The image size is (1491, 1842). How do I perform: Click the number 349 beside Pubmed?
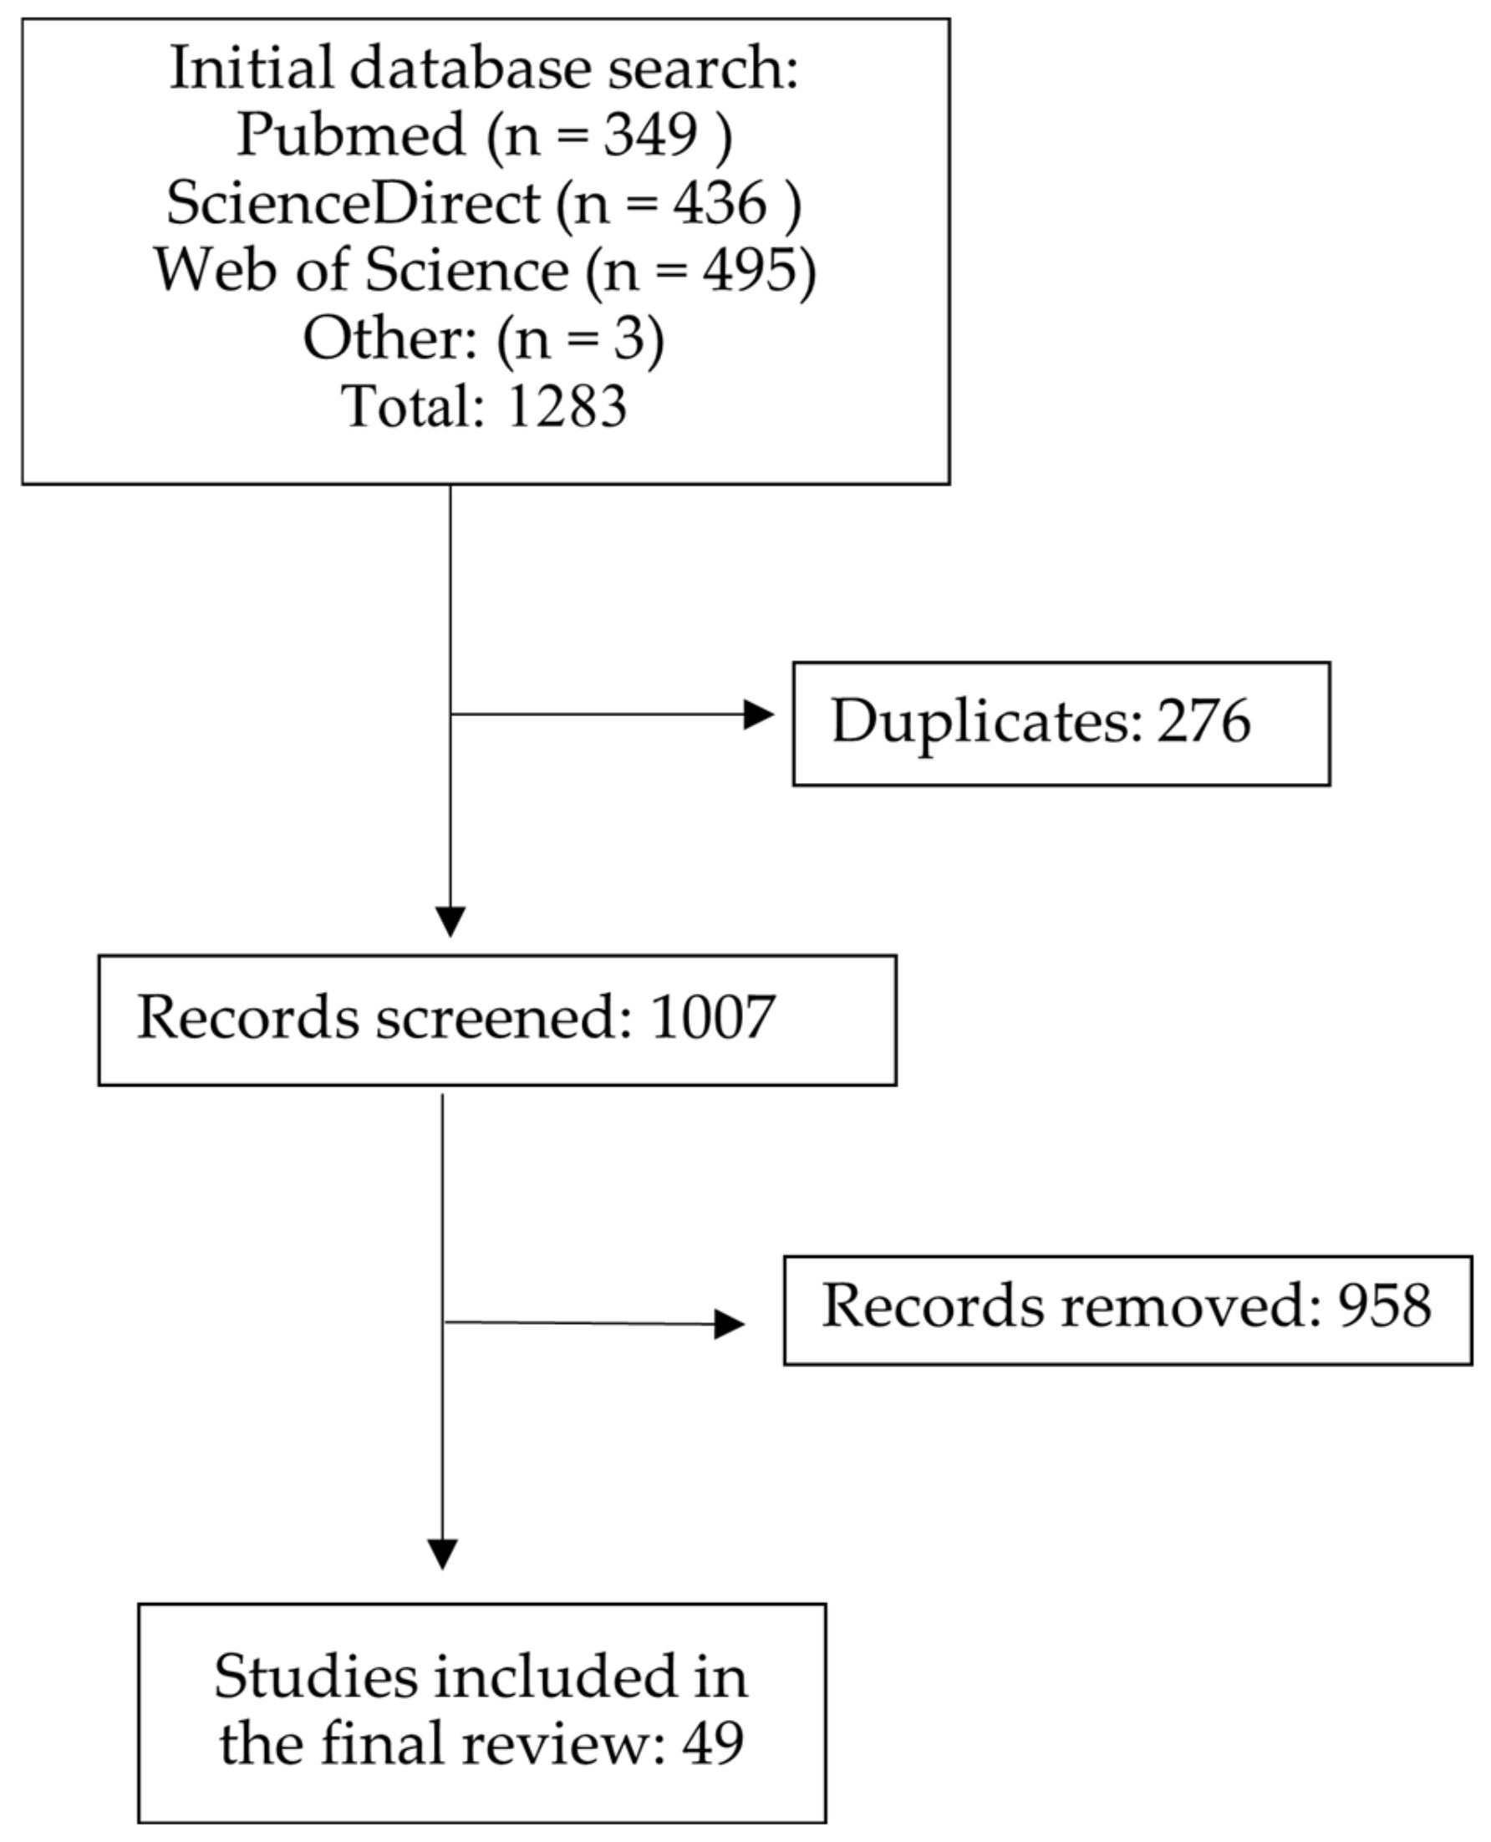650,135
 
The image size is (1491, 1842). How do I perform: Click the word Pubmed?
350,135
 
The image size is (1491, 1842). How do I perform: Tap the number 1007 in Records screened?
713,1017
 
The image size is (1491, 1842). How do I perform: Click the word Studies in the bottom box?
315,1676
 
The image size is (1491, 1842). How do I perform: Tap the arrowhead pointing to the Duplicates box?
757,715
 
